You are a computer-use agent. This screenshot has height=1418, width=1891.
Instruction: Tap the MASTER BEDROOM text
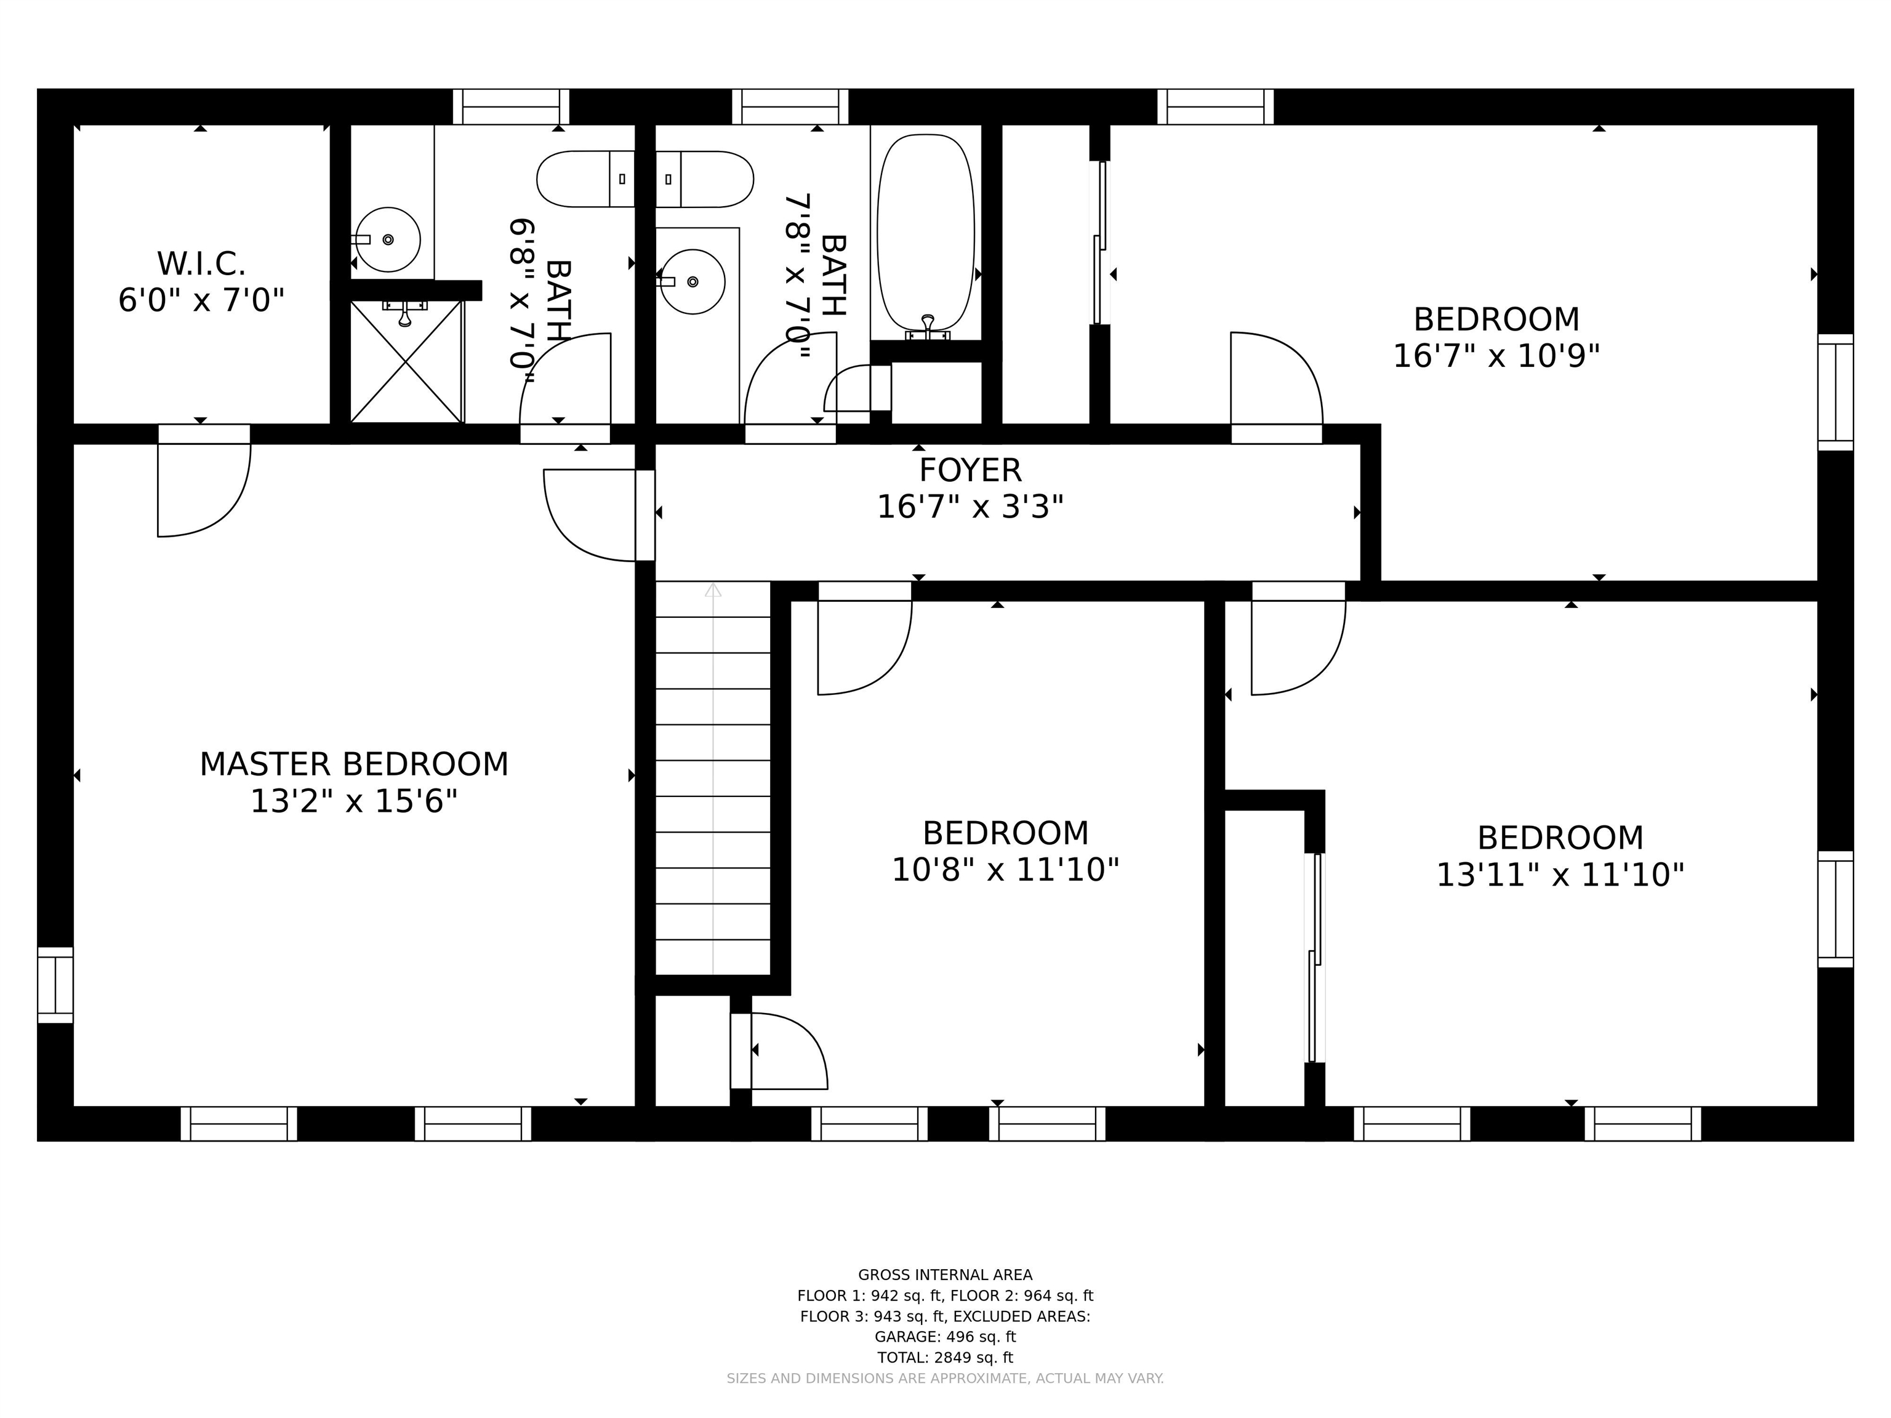click(354, 764)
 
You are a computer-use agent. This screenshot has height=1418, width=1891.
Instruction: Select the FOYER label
click(970, 470)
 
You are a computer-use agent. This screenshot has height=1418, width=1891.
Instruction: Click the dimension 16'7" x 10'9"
click(1496, 356)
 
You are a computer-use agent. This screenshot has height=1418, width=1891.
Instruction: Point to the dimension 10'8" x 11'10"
click(1005, 870)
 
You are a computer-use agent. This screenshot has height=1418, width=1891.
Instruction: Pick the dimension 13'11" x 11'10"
click(1560, 875)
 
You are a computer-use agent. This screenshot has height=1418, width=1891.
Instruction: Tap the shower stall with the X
click(406, 361)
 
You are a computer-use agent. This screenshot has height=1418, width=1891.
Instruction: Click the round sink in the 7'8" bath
click(693, 281)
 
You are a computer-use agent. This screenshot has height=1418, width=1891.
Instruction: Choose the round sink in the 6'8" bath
click(387, 239)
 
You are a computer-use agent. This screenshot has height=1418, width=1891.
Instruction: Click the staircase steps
click(713, 778)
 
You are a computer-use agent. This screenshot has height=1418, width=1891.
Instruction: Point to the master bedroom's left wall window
click(55, 985)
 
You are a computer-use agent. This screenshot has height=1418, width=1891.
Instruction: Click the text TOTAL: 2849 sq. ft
click(945, 1357)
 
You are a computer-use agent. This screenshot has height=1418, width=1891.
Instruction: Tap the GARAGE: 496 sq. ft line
click(945, 1337)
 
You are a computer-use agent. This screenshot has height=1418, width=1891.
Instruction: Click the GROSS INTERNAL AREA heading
click(945, 1275)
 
